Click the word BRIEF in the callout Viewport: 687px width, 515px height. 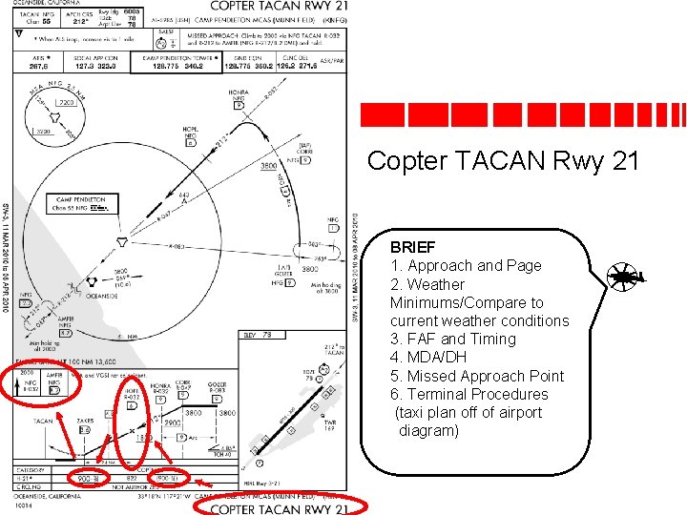click(412, 247)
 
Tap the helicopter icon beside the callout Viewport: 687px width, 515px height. click(625, 278)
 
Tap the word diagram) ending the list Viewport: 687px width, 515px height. click(428, 430)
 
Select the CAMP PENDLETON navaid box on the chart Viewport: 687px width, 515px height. click(82, 204)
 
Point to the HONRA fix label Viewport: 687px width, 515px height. click(239, 93)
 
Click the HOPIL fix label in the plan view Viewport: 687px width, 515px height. click(191, 130)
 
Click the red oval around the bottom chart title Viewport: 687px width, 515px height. click(277, 506)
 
